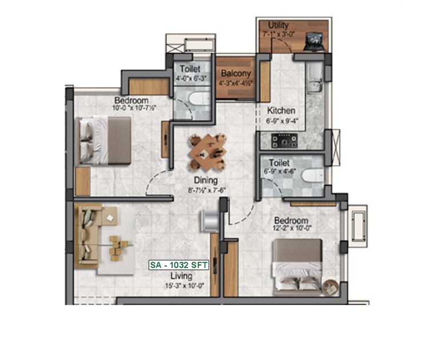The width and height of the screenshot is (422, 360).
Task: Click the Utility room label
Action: (x=278, y=25)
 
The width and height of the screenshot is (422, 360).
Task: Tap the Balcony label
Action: (x=236, y=73)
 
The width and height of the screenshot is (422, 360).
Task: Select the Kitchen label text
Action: (x=281, y=110)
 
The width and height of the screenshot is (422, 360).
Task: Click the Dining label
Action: (x=206, y=180)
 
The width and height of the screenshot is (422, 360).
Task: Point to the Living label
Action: (x=181, y=276)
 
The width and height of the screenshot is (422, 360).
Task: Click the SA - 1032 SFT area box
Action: (x=179, y=265)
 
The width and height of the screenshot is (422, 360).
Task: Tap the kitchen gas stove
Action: (x=284, y=141)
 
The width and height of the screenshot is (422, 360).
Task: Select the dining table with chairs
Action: (x=208, y=152)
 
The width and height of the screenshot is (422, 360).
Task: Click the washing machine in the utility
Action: (x=314, y=41)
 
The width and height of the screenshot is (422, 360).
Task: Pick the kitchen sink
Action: (x=315, y=77)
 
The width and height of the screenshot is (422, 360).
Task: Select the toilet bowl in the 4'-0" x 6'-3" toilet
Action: (x=199, y=98)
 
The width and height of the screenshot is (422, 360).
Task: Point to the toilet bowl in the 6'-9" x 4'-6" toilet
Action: (x=313, y=176)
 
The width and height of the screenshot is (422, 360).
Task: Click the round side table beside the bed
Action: (x=331, y=287)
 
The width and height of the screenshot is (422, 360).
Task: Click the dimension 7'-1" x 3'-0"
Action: (x=279, y=34)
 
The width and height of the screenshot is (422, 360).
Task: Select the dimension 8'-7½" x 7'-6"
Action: (x=206, y=190)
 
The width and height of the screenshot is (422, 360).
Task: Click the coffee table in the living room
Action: (x=118, y=248)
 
